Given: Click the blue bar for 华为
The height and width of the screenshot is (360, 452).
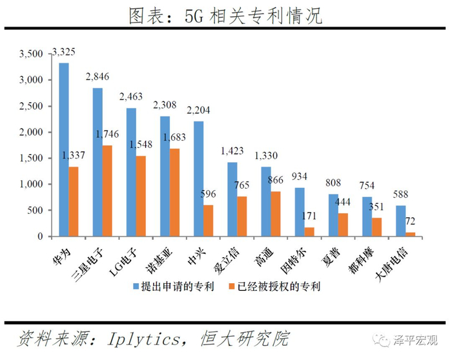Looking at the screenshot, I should (64, 149).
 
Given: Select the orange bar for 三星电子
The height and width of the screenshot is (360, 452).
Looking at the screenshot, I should (107, 191).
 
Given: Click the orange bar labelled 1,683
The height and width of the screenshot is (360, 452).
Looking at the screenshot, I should (174, 193).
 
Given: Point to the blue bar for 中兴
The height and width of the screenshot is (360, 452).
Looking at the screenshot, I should (198, 178).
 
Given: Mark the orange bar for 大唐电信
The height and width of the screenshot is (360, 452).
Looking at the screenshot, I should (411, 234).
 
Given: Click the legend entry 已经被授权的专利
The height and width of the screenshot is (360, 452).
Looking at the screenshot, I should (282, 286).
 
